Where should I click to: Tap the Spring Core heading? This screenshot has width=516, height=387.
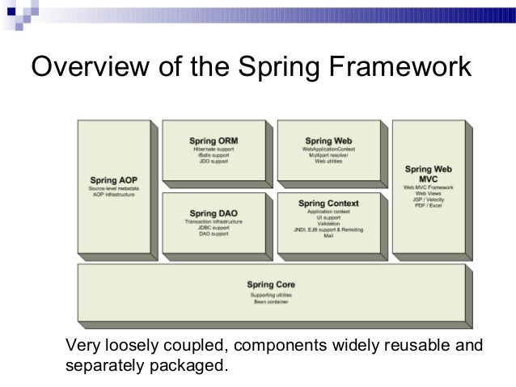coord(271,284)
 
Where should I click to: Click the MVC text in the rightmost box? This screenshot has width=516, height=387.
coord(428,179)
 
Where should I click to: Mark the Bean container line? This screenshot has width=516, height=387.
coord(271,301)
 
